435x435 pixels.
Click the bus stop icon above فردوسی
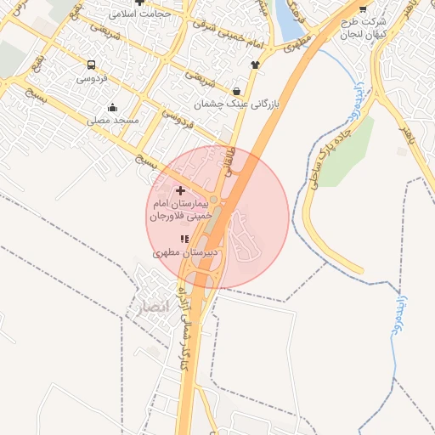91,64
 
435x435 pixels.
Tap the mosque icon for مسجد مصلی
112,107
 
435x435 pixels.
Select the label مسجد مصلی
113,121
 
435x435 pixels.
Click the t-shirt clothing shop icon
254,64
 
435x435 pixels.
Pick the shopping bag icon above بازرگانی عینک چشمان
235,91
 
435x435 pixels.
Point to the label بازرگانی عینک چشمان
236,105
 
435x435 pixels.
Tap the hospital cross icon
179,190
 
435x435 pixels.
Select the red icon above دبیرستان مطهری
184,239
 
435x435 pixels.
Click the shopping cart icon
363,7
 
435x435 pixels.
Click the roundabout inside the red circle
214,201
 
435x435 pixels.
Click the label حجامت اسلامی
143,14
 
